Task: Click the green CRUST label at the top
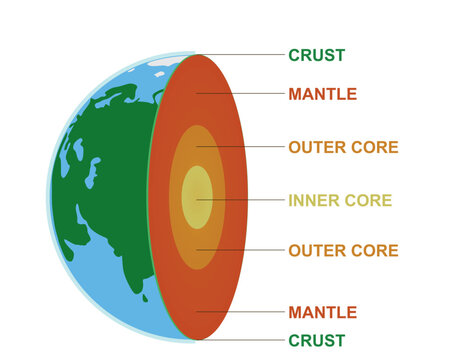tap(316, 55)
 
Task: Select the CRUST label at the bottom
tap(316, 340)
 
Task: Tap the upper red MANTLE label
tap(322, 95)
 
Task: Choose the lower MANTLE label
tap(322, 312)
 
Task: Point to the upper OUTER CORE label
tap(343, 147)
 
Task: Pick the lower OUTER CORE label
tap(343, 250)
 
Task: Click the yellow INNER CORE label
tap(340, 200)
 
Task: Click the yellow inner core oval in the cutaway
tap(196, 198)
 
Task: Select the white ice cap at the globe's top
tap(165, 62)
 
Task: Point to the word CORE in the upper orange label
tap(373, 147)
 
